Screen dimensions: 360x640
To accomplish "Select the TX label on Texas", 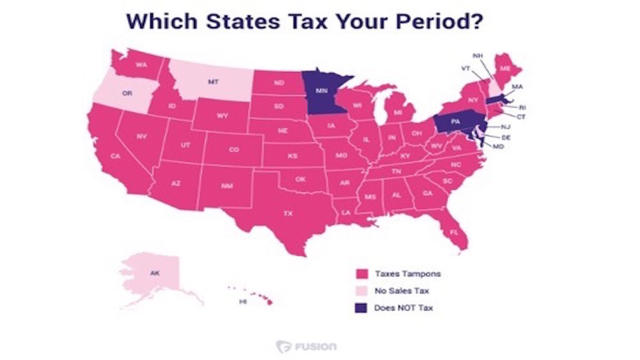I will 288,214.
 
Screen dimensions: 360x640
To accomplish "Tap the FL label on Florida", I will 454,232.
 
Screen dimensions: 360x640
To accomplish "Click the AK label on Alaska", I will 154,274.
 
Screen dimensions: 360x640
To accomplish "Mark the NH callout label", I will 478,55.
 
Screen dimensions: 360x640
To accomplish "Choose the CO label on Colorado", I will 234,150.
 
